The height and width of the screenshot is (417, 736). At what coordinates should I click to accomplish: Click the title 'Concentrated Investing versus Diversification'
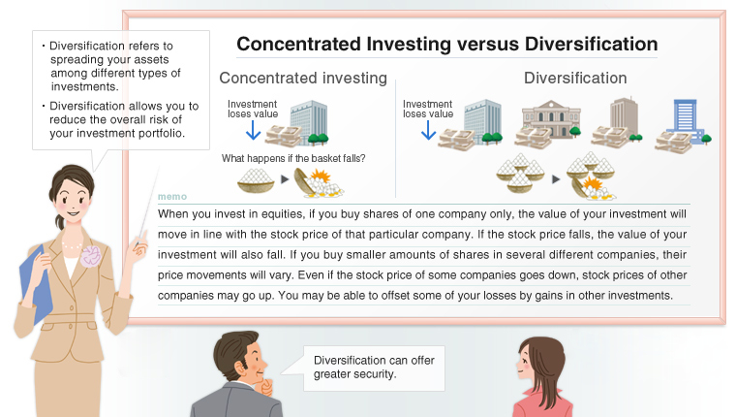pos(446,45)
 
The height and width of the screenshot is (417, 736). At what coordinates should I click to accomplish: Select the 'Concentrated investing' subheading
pos(303,79)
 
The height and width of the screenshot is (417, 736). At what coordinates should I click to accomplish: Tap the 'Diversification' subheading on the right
pos(575,79)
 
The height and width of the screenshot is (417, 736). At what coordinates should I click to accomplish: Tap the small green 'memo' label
pos(171,197)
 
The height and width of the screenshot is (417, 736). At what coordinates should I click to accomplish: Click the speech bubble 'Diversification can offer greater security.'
pos(373,368)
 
